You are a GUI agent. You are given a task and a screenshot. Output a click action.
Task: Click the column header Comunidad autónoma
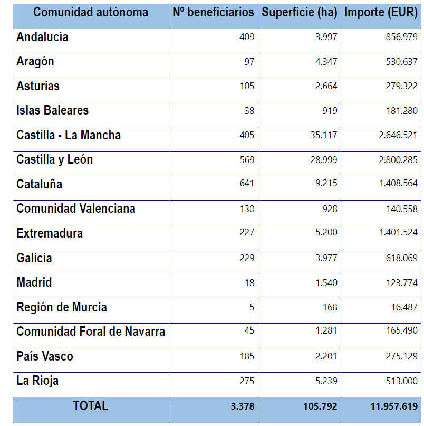91,12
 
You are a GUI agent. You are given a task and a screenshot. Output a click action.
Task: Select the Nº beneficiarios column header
213,12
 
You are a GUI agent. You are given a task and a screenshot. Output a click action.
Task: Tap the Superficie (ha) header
299,12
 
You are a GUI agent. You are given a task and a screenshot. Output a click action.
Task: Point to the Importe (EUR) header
381,12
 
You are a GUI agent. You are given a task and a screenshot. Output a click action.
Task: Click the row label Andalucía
42,37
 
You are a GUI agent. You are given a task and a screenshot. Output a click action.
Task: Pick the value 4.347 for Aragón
326,62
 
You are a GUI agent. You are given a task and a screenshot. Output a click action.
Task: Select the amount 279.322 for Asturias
401,86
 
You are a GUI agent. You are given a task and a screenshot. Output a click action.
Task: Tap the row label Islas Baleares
52,110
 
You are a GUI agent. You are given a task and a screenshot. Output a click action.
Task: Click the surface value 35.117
323,135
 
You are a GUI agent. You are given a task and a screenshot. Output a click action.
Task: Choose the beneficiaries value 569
246,159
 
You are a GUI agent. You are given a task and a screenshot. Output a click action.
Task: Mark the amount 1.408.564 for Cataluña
398,184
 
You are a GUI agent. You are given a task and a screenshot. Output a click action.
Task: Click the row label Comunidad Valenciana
76,209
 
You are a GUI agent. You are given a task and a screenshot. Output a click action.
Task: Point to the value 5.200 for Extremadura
326,233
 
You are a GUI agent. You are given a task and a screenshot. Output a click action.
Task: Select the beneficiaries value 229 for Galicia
246,258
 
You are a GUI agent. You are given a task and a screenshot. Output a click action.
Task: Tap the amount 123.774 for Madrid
401,282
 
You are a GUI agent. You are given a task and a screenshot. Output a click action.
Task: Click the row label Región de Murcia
62,307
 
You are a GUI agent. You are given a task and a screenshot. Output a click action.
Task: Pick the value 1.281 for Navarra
326,332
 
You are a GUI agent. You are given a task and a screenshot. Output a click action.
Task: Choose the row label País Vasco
45,356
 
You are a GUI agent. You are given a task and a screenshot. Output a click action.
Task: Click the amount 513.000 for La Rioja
401,381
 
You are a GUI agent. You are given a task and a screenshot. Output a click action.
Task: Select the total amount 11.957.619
394,406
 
